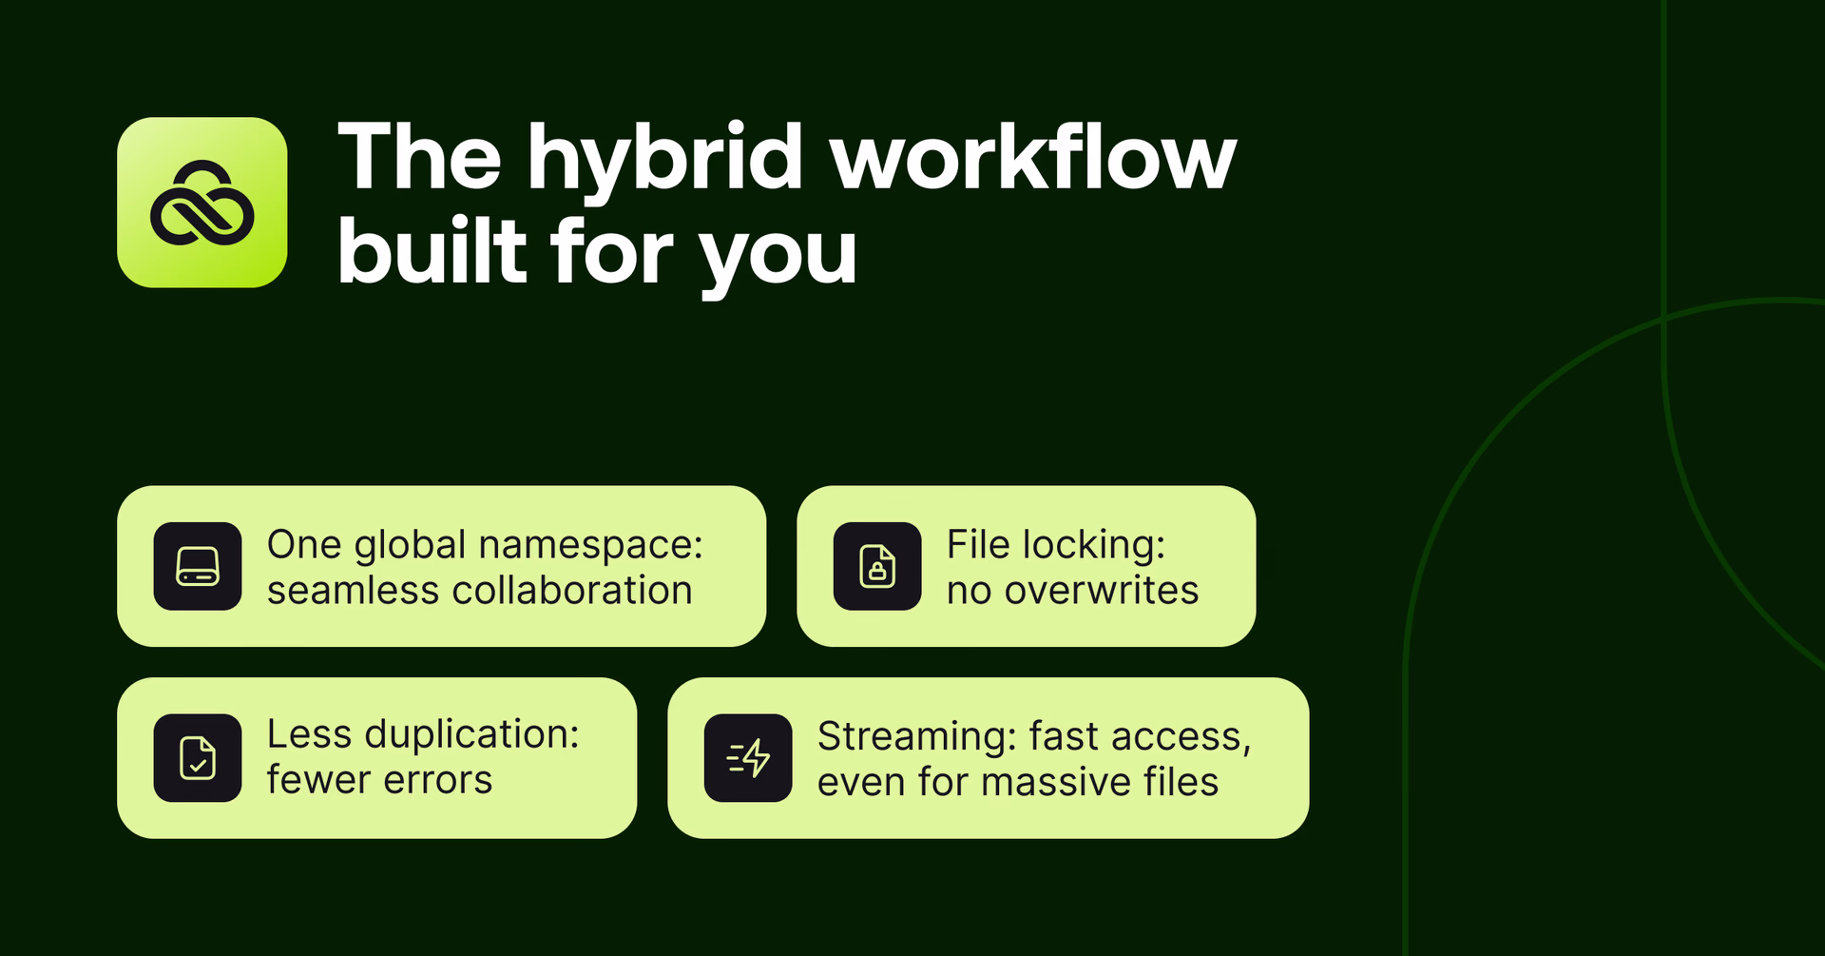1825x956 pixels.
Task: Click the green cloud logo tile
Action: (x=202, y=203)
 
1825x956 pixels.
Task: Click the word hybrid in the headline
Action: (x=665, y=160)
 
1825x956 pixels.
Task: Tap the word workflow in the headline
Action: (x=1033, y=158)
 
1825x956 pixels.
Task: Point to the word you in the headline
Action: (x=778, y=255)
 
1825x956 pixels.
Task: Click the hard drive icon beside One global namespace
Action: (x=198, y=566)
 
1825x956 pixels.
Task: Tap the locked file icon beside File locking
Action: (x=877, y=566)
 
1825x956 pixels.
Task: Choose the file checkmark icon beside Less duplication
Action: (x=198, y=758)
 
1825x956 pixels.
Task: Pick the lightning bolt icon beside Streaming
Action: (x=748, y=758)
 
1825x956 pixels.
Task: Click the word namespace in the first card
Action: (x=590, y=546)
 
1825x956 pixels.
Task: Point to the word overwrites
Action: (x=1102, y=591)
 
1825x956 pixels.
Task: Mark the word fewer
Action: (x=318, y=780)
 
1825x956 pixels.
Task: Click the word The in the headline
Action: (x=419, y=158)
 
